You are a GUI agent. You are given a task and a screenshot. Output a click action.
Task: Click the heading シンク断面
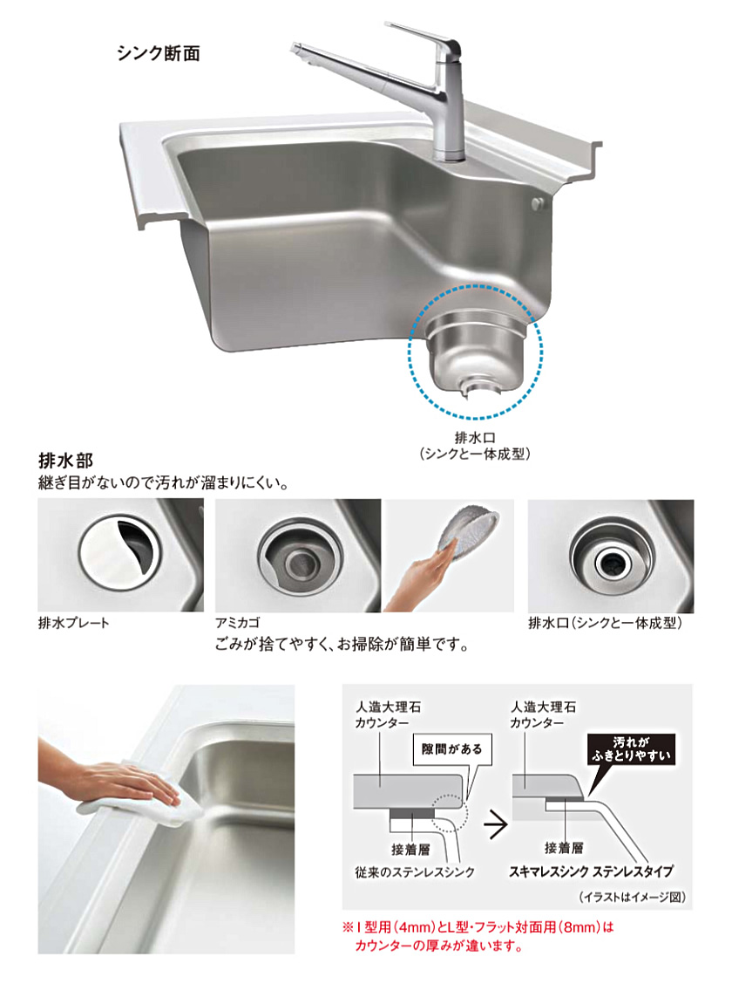[159, 54]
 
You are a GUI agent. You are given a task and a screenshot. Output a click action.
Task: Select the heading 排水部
[66, 461]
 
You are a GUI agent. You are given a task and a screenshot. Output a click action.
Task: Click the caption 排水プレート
[74, 623]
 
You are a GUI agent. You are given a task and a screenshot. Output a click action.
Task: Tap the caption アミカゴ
[238, 623]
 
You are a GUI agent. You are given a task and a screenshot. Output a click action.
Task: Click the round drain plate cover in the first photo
[120, 551]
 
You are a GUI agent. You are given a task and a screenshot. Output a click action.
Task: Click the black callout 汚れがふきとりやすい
[631, 749]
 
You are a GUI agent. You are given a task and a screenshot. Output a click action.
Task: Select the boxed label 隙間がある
[452, 748]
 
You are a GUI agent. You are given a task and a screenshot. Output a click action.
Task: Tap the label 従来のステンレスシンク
[415, 872]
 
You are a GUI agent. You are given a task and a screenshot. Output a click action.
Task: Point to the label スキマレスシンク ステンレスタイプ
[591, 871]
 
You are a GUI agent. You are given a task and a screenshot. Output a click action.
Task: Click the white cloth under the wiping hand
[138, 801]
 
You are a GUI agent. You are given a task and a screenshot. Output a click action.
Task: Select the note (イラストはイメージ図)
[632, 897]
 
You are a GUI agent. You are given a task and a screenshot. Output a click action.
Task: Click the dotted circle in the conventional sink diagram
[449, 814]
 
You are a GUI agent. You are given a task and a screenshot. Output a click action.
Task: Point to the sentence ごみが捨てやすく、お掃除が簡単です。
[342, 645]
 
